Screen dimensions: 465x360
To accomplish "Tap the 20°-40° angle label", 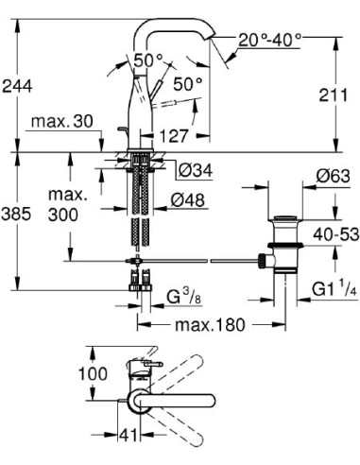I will tap(268, 41).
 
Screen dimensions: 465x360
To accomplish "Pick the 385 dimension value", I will tap(17, 215).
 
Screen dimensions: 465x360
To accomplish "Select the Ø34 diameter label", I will tap(194, 170).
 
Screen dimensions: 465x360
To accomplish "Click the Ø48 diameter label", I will tap(194, 199).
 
